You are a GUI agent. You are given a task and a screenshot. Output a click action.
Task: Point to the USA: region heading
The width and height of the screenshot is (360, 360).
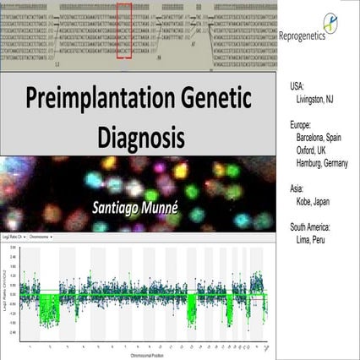point(297,85)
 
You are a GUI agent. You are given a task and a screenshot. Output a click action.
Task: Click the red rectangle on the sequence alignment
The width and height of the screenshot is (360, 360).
point(123,30)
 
